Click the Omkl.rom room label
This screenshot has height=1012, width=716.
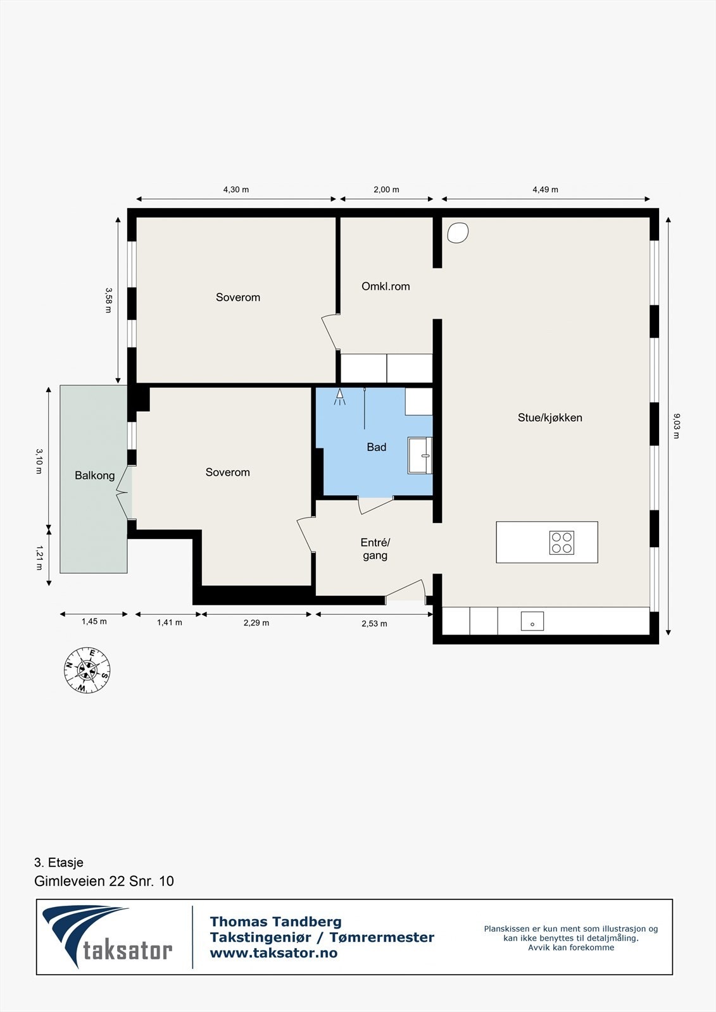pyautogui.click(x=386, y=286)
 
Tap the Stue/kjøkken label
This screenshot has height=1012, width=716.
pyautogui.click(x=550, y=417)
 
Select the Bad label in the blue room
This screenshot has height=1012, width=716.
pyautogui.click(x=376, y=447)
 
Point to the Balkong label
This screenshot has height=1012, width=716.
pyautogui.click(x=94, y=475)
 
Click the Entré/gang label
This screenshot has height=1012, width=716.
pyautogui.click(x=375, y=548)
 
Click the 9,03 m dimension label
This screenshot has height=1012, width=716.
pyautogui.click(x=677, y=426)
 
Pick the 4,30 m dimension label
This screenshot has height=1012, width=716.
pyautogui.click(x=236, y=190)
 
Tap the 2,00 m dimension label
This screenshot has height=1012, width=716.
pyautogui.click(x=386, y=190)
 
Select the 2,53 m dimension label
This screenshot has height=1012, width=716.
pyautogui.click(x=374, y=624)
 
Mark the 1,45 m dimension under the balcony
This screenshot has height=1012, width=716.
pyautogui.click(x=94, y=622)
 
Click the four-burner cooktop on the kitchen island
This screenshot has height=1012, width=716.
pyautogui.click(x=562, y=543)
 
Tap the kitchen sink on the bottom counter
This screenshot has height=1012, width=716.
pyautogui.click(x=532, y=621)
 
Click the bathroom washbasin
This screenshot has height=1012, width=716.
pyautogui.click(x=420, y=455)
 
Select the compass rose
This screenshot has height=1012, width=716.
pyautogui.click(x=87, y=670)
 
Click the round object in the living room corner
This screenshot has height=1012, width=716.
pyautogui.click(x=458, y=233)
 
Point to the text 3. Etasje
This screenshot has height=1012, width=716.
pyautogui.click(x=59, y=863)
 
